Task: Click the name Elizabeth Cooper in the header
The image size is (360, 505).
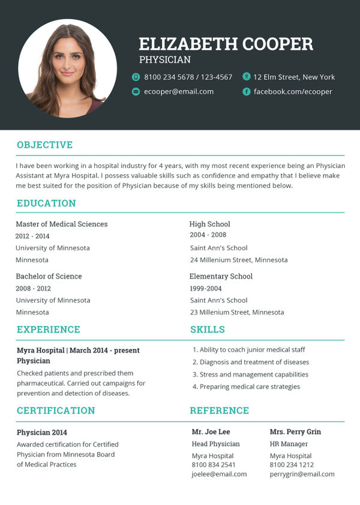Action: [226, 44]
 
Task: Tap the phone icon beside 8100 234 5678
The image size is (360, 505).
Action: [136, 77]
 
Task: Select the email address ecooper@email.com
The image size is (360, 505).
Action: [179, 92]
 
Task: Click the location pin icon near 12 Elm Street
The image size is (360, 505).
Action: [246, 76]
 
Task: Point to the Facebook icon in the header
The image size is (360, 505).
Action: [246, 92]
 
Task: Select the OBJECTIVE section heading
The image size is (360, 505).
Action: [44, 145]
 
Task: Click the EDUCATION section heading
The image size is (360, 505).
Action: [46, 203]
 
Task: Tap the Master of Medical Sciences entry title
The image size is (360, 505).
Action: [62, 224]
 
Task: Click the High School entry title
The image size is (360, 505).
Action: [210, 224]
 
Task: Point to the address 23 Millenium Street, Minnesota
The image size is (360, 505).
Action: [237, 312]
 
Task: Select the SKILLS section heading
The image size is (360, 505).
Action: [208, 330]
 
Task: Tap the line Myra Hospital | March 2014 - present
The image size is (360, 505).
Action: [79, 350]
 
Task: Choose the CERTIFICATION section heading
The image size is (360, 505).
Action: [56, 411]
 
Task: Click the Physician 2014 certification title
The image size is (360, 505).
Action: [42, 432]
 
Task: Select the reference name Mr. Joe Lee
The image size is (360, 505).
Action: [211, 432]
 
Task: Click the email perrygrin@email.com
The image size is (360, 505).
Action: [302, 474]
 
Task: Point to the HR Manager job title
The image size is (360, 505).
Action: [289, 444]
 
